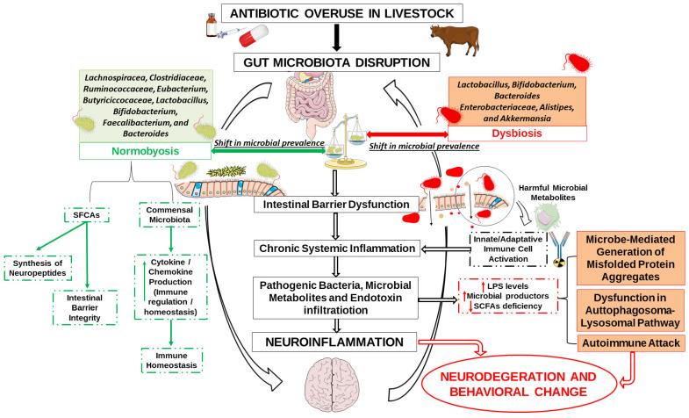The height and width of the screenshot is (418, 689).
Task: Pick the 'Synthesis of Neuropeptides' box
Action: click(44, 268)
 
